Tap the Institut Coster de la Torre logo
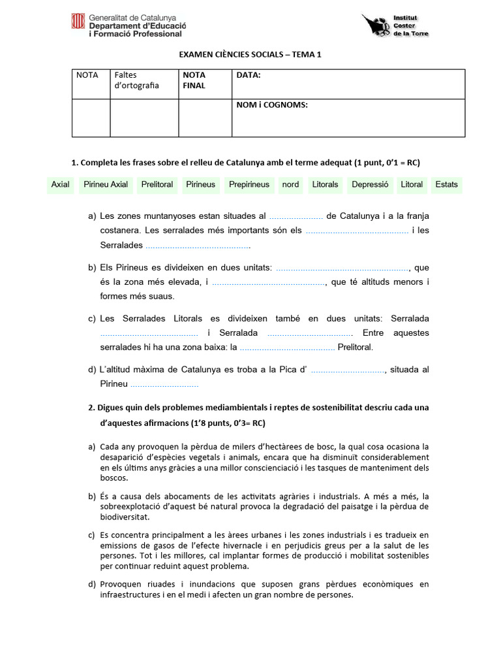click(396, 26)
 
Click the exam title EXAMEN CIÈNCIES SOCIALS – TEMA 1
click(250, 55)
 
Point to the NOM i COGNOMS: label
click(272, 105)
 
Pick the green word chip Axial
click(60, 184)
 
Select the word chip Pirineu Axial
click(106, 184)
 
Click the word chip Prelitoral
click(157, 184)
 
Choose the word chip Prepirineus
click(249, 184)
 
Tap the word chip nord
click(290, 184)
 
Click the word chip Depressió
click(370, 184)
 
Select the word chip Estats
click(446, 184)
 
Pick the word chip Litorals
click(325, 184)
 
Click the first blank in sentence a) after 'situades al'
click(296, 216)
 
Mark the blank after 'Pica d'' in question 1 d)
click(348, 370)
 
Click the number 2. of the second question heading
click(92, 407)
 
